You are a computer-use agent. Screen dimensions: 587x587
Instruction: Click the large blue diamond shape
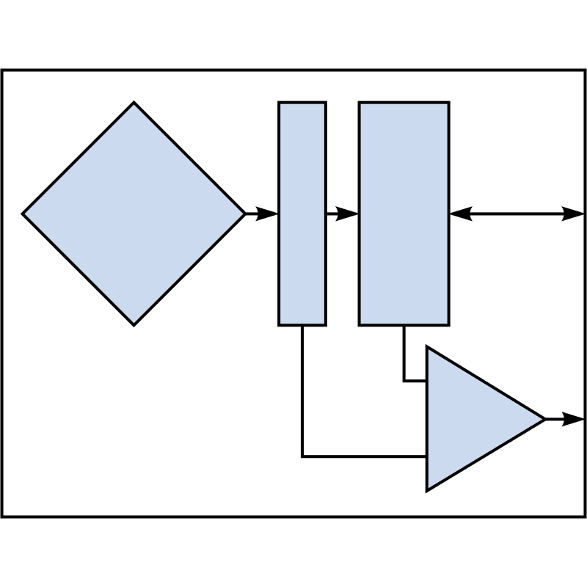click(134, 214)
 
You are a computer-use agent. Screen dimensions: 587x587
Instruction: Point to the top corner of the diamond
click(134, 103)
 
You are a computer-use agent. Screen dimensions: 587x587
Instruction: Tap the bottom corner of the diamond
click(134, 324)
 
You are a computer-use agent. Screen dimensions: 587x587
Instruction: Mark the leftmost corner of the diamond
click(23, 214)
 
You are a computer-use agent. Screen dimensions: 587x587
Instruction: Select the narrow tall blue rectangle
click(302, 214)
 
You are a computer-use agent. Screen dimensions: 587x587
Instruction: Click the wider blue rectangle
click(404, 214)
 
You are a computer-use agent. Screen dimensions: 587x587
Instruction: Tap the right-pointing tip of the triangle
click(544, 419)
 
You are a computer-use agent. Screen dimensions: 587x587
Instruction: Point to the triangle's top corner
click(428, 348)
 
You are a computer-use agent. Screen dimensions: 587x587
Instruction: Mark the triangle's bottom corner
click(428, 489)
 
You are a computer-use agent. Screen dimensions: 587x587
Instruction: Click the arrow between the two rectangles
click(342, 214)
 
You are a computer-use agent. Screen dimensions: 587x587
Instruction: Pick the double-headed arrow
click(517, 214)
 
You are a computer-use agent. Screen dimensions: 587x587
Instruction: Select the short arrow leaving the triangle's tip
click(565, 419)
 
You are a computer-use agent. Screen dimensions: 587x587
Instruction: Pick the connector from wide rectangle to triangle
click(404, 356)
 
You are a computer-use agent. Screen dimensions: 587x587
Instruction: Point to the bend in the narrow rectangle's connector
click(302, 456)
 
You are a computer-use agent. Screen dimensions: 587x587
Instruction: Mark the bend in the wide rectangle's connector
click(404, 381)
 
